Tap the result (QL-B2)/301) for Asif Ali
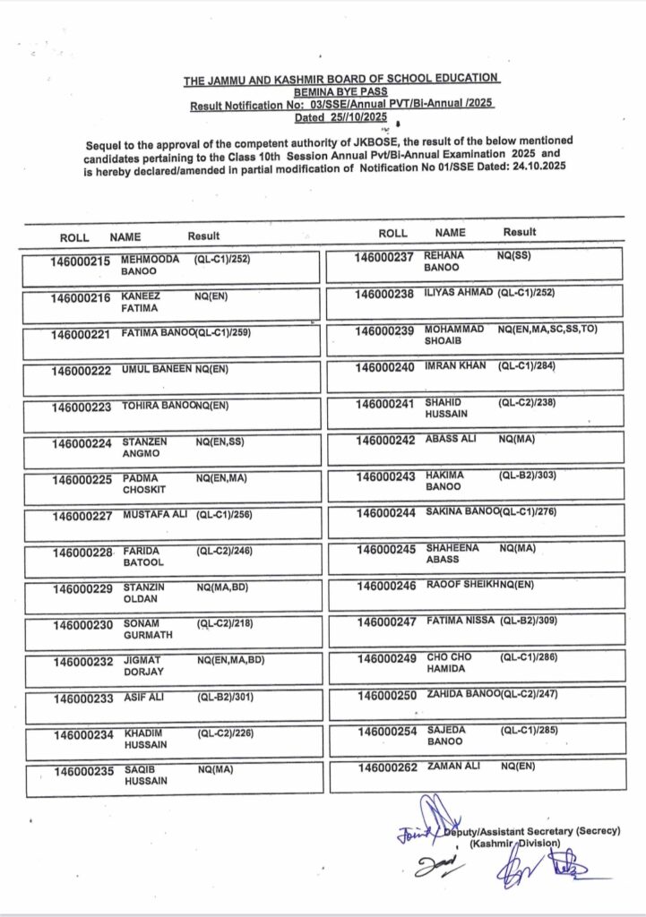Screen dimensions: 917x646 224,697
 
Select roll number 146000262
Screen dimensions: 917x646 387,767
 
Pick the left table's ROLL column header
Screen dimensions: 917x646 74,237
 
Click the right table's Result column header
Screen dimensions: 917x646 520,232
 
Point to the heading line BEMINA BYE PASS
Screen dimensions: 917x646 341,92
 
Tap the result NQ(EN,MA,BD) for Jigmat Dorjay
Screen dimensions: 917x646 230,660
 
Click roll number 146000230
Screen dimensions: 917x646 82,624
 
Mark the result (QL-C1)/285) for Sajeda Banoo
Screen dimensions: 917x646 529,731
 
